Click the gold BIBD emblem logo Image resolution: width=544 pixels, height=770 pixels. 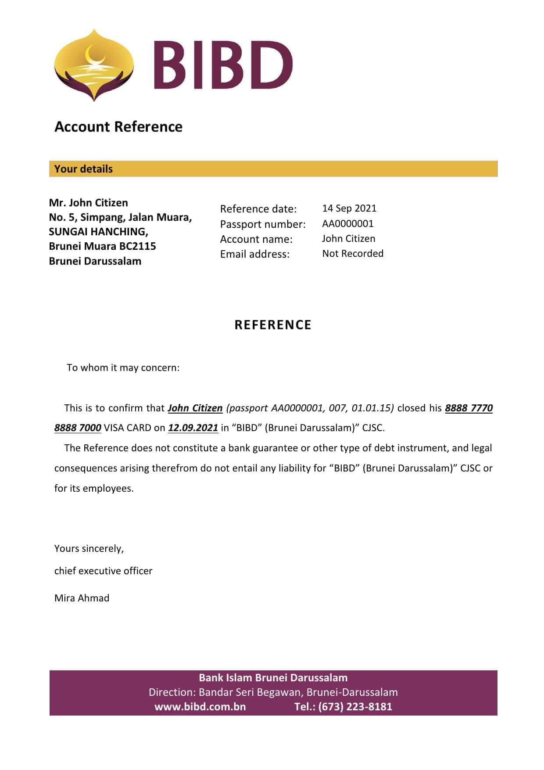pos(93,65)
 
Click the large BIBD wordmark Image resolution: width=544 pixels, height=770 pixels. pos(223,65)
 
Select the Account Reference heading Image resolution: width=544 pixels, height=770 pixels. pos(118,127)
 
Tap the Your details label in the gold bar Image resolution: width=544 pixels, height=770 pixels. pos(83,169)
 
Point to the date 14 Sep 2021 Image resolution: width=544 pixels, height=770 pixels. pos(349,209)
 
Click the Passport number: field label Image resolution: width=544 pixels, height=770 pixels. pos(263,224)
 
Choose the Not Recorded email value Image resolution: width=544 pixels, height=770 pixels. pos(353,254)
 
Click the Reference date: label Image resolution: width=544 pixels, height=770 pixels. pos(258,209)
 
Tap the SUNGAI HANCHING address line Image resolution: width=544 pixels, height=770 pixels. pos(98,232)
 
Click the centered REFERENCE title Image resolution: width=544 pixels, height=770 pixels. pos(273,325)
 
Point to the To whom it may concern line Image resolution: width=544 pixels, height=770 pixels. pos(123,368)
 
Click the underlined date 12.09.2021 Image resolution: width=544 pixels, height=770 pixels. pos(193,428)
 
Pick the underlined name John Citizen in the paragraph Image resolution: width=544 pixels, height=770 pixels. pos(195,408)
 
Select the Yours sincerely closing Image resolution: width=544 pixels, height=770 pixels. pos(89,549)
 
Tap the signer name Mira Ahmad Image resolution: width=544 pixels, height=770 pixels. pos(82,598)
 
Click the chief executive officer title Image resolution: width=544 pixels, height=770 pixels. pos(104,571)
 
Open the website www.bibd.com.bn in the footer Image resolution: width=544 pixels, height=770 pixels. pos(200,707)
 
